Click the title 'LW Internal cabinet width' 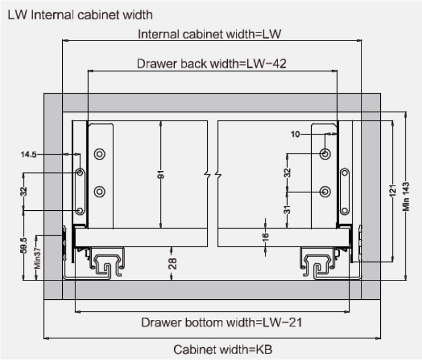pyautogui.click(x=80, y=14)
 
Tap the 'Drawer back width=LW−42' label pyautogui.click(x=212, y=64)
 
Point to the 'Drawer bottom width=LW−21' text pyautogui.click(x=222, y=322)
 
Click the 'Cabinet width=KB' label pyautogui.click(x=223, y=349)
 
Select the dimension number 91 pyautogui.click(x=161, y=174)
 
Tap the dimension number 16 pyautogui.click(x=265, y=238)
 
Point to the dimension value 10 pyautogui.click(x=295, y=134)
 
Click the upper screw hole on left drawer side pyautogui.click(x=99, y=154)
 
